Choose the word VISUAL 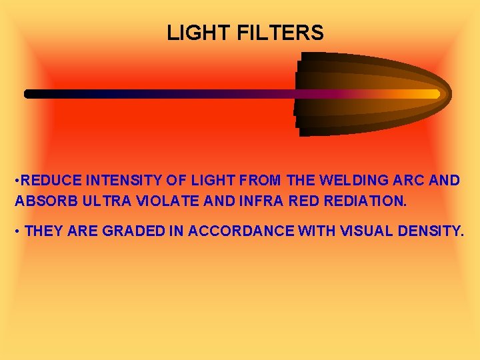369,231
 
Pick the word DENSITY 432,231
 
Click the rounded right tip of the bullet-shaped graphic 448,94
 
